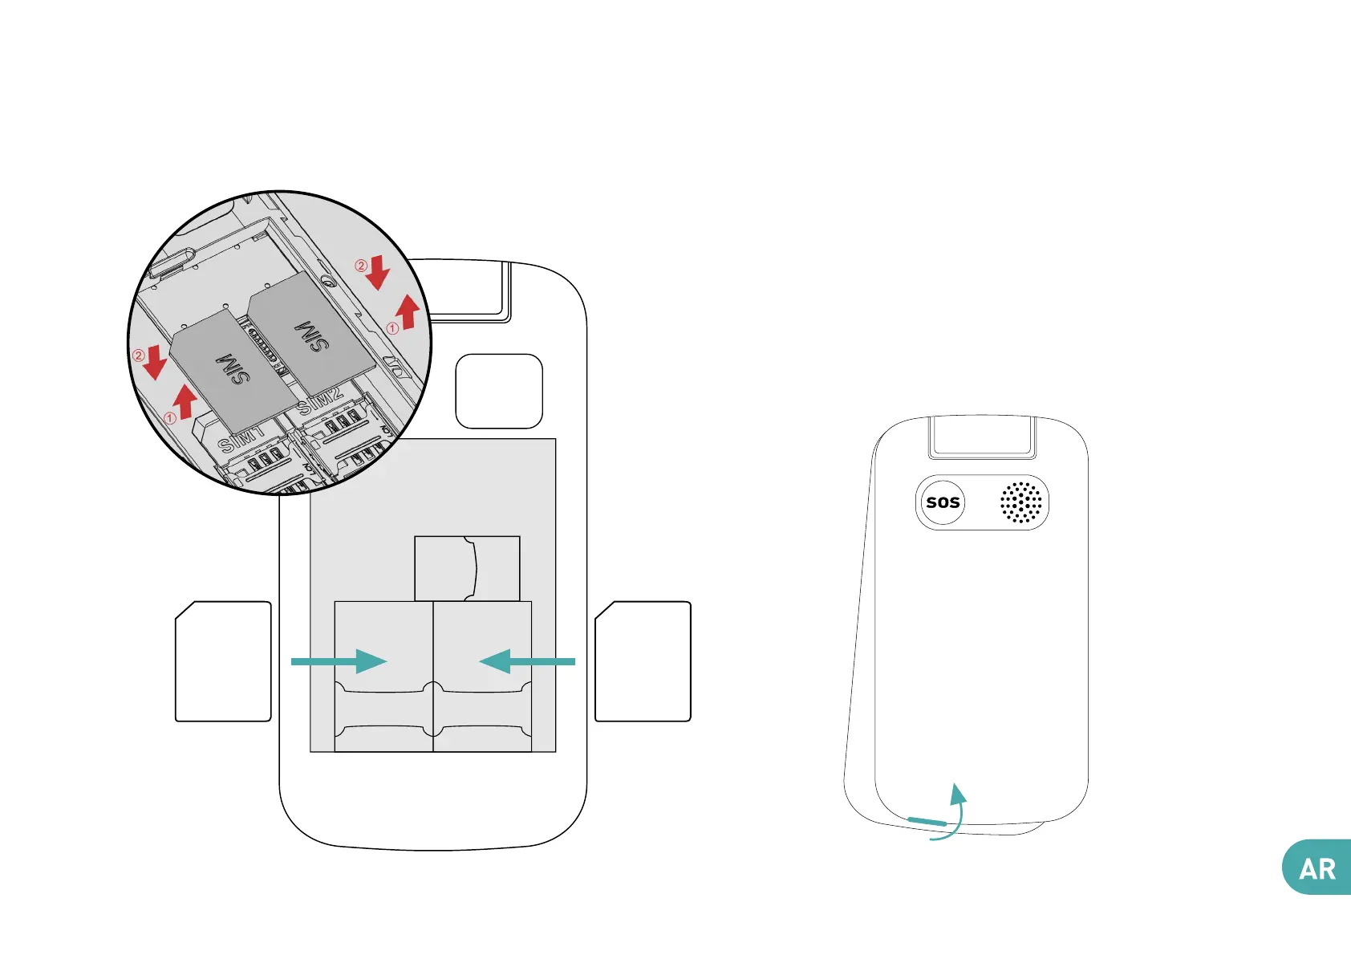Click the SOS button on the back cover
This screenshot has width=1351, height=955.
pyautogui.click(x=943, y=502)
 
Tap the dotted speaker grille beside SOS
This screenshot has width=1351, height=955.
pyautogui.click(x=1020, y=502)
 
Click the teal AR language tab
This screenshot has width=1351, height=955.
pyautogui.click(x=1317, y=868)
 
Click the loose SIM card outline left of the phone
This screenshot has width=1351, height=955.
pyautogui.click(x=223, y=661)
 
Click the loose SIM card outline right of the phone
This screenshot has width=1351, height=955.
pyautogui.click(x=643, y=661)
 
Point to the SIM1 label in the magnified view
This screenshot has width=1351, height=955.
pyautogui.click(x=241, y=439)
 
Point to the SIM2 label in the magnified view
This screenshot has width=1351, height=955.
pyautogui.click(x=320, y=400)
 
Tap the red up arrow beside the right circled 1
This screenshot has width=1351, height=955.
pyautogui.click(x=408, y=311)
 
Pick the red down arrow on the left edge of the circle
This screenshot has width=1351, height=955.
pyautogui.click(x=154, y=364)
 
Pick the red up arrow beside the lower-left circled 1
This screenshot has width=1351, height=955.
pyautogui.click(x=186, y=400)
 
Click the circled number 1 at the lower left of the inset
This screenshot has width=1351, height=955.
pyautogui.click(x=169, y=418)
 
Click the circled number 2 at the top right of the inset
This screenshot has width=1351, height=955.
pyautogui.click(x=361, y=266)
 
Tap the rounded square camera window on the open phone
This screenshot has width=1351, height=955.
pyautogui.click(x=499, y=392)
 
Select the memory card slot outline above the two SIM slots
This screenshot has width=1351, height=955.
pyautogui.click(x=467, y=568)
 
